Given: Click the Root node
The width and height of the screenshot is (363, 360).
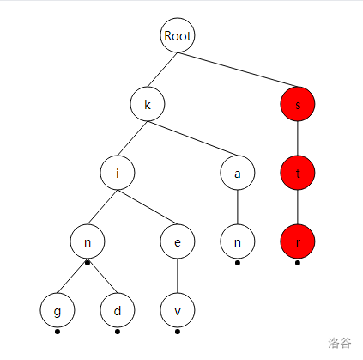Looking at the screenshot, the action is [x=178, y=35].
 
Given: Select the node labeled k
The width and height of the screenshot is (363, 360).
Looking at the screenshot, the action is [x=148, y=104].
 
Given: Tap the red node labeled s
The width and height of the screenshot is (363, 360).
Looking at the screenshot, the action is [x=298, y=104].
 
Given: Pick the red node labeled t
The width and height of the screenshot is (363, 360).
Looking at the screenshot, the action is [x=298, y=173].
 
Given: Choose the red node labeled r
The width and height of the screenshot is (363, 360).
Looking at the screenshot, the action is [x=298, y=241].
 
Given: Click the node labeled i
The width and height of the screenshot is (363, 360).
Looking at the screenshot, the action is [x=118, y=173].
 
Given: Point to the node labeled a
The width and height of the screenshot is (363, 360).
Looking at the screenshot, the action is [x=238, y=173].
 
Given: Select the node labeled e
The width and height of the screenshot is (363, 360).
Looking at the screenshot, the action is [x=178, y=241].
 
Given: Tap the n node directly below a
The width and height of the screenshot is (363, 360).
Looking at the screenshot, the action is [x=238, y=241].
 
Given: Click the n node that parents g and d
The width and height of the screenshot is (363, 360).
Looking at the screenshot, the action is [x=88, y=241].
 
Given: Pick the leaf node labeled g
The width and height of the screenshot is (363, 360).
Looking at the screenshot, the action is [x=57, y=310].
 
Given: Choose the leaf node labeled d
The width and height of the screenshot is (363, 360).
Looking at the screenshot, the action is [x=118, y=310].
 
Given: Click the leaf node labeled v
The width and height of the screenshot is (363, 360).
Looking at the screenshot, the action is [x=178, y=310].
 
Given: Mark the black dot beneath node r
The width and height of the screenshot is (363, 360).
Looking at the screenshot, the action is [x=298, y=263].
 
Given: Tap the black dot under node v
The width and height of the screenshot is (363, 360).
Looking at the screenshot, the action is [x=178, y=332].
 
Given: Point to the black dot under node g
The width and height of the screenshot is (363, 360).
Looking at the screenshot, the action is [x=57, y=332].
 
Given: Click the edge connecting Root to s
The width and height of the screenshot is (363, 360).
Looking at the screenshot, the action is [x=238, y=70].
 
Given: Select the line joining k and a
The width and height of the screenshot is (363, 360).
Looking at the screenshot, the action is [x=192, y=138].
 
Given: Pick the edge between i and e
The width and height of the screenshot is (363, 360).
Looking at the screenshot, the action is [x=148, y=207].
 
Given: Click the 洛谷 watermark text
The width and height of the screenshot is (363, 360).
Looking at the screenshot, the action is [x=340, y=343].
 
